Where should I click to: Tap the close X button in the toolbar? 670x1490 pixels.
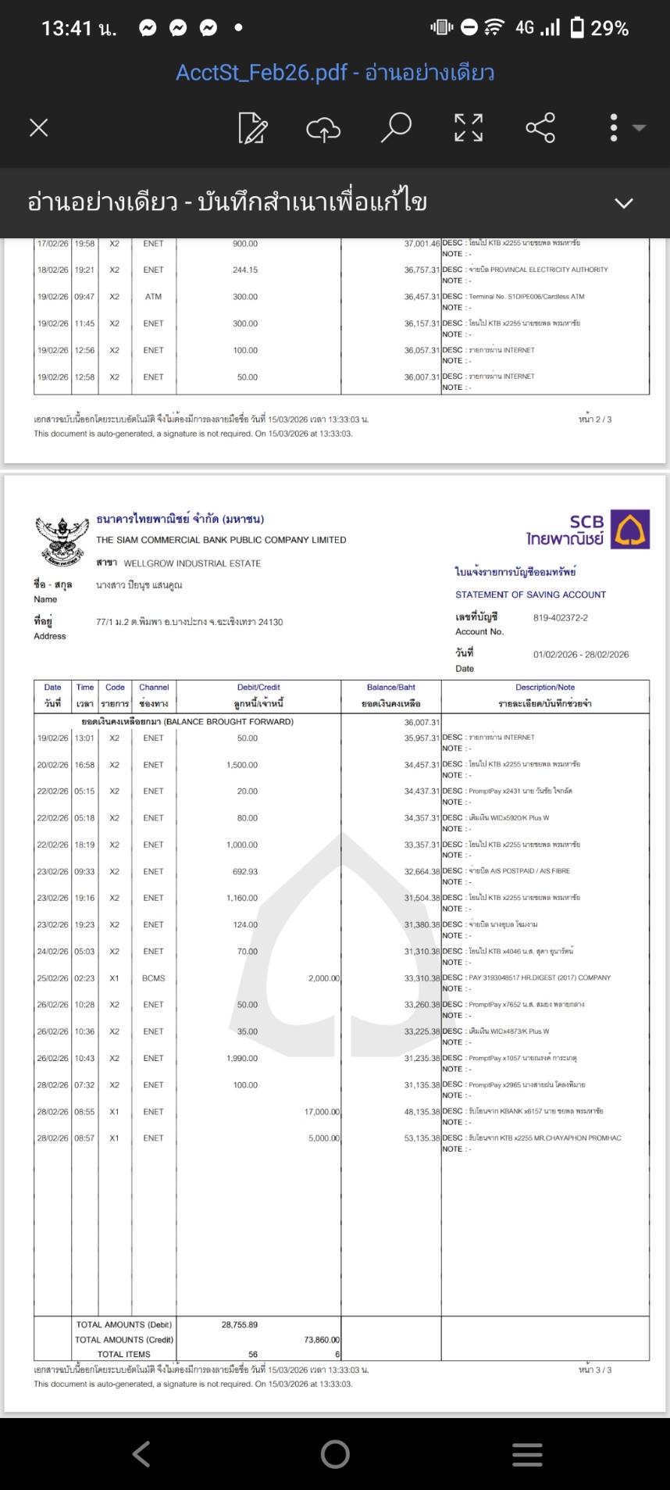(38, 127)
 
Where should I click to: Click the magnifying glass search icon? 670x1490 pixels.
(396, 127)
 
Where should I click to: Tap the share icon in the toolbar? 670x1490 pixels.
(540, 127)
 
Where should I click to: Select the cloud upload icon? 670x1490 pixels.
(323, 127)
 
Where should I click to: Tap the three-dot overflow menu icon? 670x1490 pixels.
(615, 127)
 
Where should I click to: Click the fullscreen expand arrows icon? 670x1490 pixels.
(469, 127)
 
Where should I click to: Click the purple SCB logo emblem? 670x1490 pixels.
(630, 529)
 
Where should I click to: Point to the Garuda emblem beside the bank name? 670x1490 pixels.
(61, 540)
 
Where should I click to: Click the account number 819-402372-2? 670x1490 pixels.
(560, 617)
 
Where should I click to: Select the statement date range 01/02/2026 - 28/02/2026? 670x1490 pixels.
(580, 655)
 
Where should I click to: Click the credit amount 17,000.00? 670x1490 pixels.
(322, 1112)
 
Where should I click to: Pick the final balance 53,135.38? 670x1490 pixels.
(422, 1138)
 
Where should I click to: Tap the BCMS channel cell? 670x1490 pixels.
(153, 978)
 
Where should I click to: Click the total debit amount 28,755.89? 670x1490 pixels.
(239, 1324)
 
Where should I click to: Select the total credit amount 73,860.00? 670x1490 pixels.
(322, 1339)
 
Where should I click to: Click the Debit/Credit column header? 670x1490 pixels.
(258, 688)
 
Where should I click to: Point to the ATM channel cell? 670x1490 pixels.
(153, 297)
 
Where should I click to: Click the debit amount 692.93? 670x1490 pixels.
(244, 871)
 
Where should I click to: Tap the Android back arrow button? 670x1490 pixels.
(141, 1454)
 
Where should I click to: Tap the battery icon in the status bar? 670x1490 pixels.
(577, 28)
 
